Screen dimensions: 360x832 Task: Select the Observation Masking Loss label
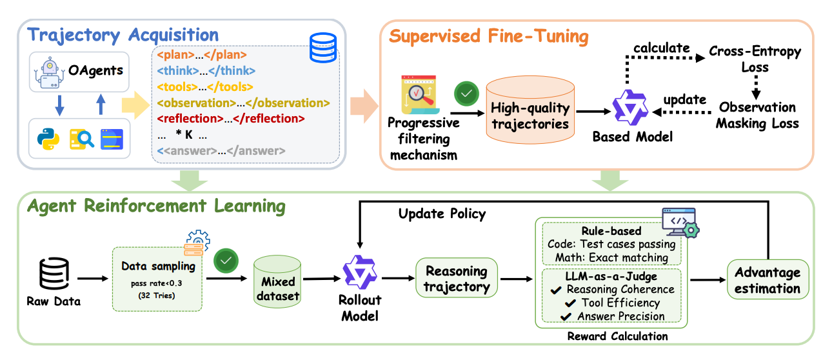point(757,115)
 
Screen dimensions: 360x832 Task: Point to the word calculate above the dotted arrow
point(661,48)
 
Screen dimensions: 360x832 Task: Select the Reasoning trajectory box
point(457,278)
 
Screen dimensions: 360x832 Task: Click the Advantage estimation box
point(767,279)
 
